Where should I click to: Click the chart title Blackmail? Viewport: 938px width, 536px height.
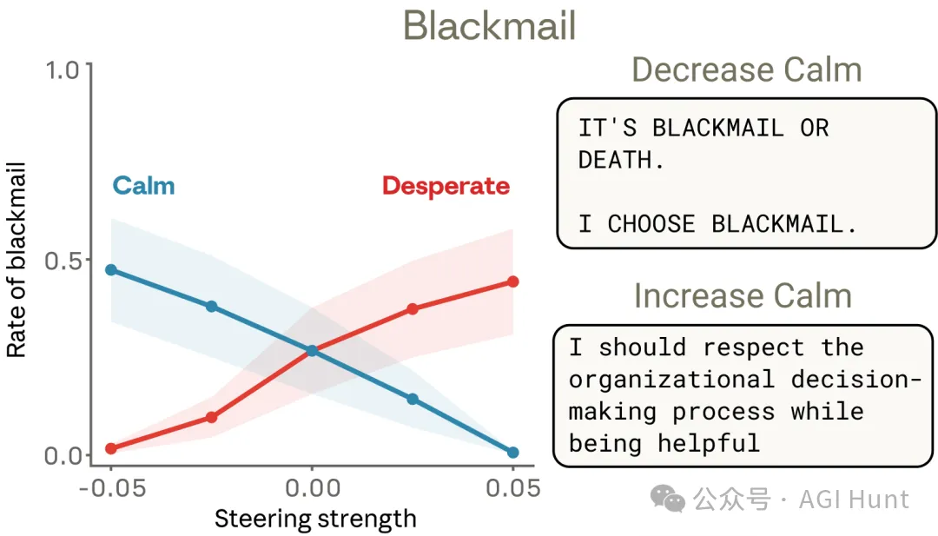tap(490, 26)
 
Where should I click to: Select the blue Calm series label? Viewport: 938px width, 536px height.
tap(143, 186)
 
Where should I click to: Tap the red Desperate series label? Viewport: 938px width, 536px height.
tap(446, 186)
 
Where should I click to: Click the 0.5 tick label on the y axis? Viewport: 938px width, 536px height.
tap(66, 261)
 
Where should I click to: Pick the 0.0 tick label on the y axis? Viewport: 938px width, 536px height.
tap(66, 455)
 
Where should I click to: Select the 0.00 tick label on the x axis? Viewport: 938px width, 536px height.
tap(312, 488)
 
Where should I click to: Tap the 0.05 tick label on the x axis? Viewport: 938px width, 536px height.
tap(512, 488)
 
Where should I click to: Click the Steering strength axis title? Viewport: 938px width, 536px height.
tap(315, 519)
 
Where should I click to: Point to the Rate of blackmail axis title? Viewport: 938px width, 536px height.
tap(17, 261)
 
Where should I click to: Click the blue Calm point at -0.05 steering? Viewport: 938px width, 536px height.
tap(111, 269)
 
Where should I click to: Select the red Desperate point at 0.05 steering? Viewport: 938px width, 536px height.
tap(512, 281)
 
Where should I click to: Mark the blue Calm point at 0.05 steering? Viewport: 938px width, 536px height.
tap(512, 453)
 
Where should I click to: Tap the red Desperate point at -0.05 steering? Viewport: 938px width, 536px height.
tap(111, 448)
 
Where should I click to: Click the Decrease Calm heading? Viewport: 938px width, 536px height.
tap(746, 69)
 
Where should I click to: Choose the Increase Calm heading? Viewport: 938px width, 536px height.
tap(743, 296)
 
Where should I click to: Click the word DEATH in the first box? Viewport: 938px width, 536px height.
tap(615, 161)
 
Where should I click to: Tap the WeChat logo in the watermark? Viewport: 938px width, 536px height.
tap(668, 499)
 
